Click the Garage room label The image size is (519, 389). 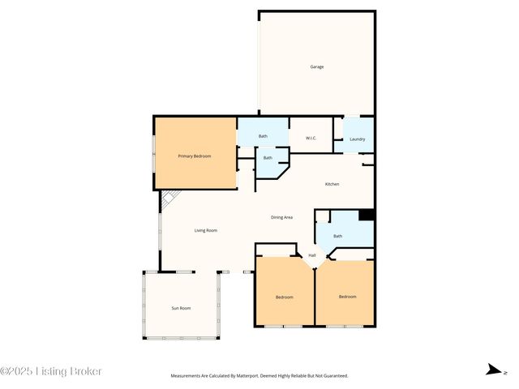coord(316,66)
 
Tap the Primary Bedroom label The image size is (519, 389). coord(195,156)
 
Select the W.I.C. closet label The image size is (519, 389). coord(311,139)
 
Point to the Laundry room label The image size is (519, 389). coord(357,139)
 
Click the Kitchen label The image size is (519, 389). coord(332,184)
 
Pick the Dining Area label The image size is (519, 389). coord(281,217)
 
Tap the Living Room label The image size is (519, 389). coord(205,230)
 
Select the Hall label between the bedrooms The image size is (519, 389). coord(311,255)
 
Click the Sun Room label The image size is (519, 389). coord(180,308)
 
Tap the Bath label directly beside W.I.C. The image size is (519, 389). coord(263,136)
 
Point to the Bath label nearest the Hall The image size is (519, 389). coord(337,236)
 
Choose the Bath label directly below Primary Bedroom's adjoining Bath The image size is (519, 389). coord(268,157)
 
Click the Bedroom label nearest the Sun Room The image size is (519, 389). coord(284,297)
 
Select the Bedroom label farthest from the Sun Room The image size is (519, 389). coord(347,297)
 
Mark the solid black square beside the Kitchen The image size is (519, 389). coord(366,215)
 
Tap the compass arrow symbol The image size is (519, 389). coord(492,370)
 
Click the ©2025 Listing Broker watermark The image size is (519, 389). coord(51,371)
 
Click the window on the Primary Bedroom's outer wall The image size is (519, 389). coord(154,154)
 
